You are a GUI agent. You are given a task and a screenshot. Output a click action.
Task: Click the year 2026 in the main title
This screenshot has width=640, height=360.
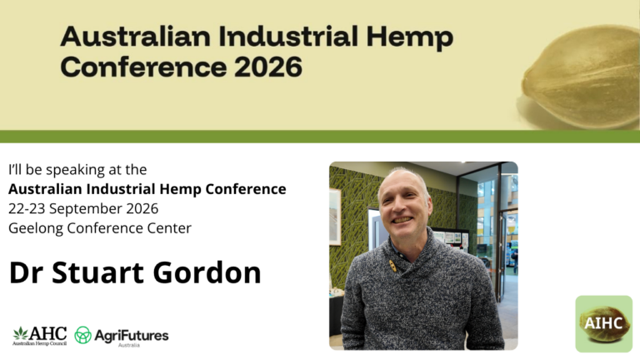pyautogui.click(x=268, y=67)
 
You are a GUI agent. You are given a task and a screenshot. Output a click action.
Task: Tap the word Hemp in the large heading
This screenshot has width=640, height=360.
pyautogui.click(x=410, y=37)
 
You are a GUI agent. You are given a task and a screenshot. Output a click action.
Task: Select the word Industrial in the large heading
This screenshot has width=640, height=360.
pyautogui.click(x=288, y=36)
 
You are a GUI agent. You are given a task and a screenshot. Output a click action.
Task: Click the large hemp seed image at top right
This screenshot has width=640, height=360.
pyautogui.click(x=581, y=77)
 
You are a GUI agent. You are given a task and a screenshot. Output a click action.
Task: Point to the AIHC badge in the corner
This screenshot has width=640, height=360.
pyautogui.click(x=603, y=323)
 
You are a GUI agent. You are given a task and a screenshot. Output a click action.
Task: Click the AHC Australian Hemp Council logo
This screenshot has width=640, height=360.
pyautogui.click(x=40, y=336)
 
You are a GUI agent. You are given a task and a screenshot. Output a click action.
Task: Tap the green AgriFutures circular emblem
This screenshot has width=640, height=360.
pyautogui.click(x=82, y=335)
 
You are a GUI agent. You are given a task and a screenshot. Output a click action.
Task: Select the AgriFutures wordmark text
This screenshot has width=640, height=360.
pyautogui.click(x=132, y=336)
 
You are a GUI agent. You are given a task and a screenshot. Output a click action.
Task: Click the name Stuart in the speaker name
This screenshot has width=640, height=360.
pyautogui.click(x=97, y=272)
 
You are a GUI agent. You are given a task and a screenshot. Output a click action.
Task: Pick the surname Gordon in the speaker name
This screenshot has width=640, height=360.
pyautogui.click(x=207, y=272)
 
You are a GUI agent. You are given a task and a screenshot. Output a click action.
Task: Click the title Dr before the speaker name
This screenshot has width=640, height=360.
pyautogui.click(x=26, y=272)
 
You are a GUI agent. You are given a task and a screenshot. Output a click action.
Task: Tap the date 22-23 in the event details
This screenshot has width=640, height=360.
pyautogui.click(x=27, y=208)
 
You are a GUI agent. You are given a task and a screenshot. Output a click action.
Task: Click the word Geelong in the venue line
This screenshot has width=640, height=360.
pyautogui.click(x=36, y=228)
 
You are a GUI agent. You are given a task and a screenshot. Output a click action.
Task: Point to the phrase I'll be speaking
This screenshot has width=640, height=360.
pyautogui.click(x=57, y=170)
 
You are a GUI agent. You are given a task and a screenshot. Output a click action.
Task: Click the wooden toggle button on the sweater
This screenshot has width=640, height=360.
pyautogui.click(x=393, y=266)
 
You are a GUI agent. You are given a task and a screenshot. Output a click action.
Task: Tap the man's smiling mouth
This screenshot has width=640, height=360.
pyautogui.click(x=402, y=220)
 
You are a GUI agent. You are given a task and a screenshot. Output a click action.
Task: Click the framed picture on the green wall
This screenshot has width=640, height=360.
pyautogui.click(x=335, y=217)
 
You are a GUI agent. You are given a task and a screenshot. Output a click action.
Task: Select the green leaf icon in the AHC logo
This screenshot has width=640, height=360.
pyautogui.click(x=20, y=333)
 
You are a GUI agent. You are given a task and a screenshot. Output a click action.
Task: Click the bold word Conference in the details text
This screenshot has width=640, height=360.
pyautogui.click(x=246, y=189)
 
